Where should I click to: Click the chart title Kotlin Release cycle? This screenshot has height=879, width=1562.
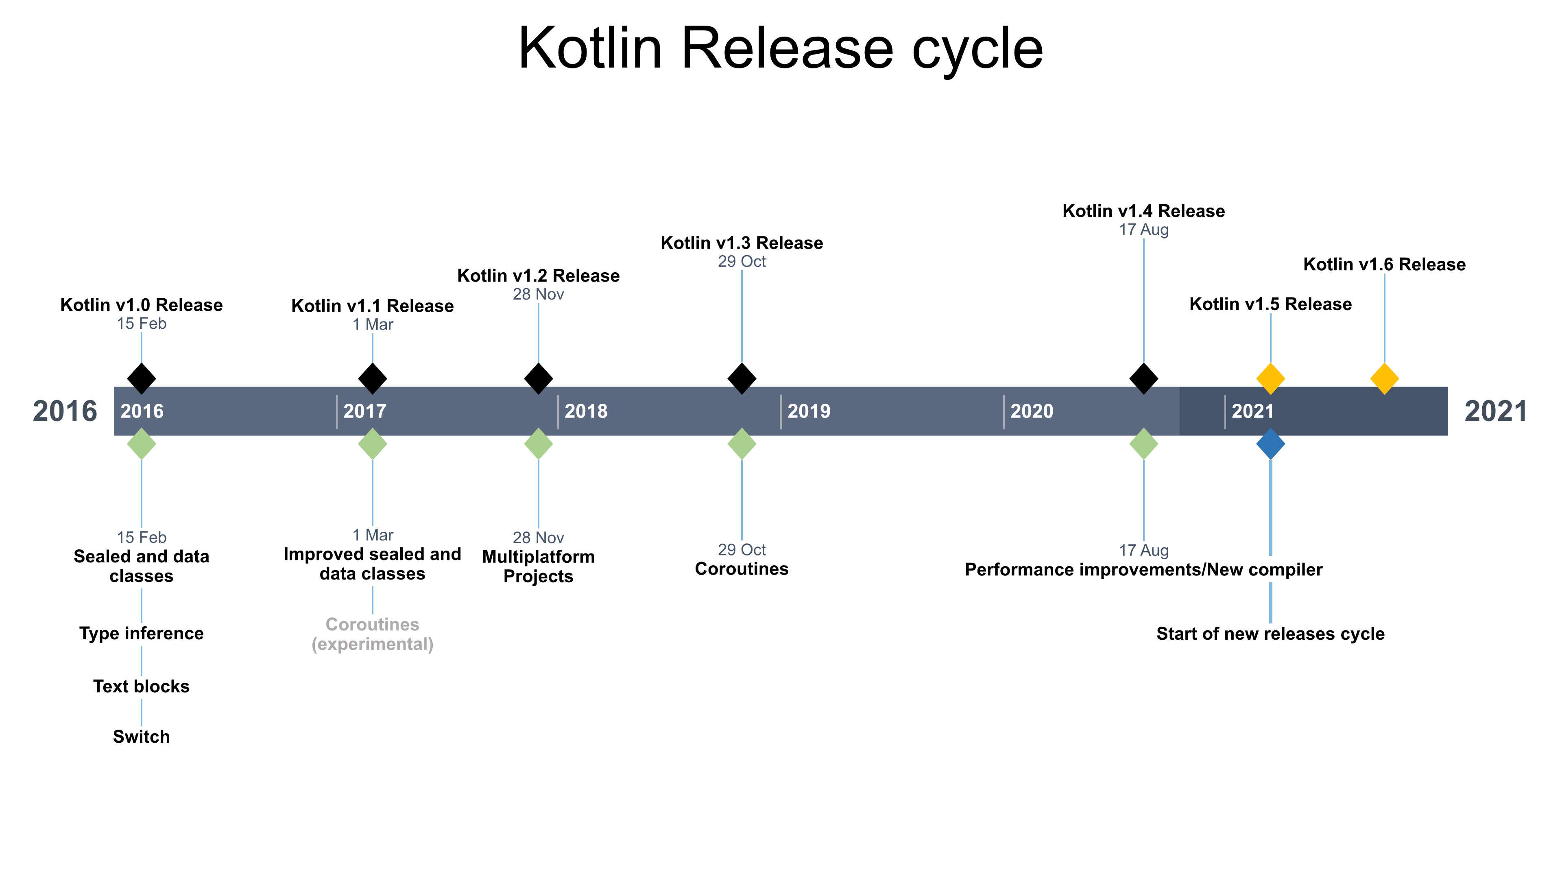(781, 48)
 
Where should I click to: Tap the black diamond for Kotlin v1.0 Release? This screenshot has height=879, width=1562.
(141, 378)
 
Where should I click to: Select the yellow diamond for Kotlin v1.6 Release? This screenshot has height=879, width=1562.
(1384, 378)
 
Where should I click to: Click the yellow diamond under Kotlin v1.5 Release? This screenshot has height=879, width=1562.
(1270, 378)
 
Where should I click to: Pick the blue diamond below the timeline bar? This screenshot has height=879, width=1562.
(1270, 444)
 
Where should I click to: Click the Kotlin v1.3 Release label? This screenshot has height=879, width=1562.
(742, 243)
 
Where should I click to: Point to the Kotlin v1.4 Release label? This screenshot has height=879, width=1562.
(1143, 211)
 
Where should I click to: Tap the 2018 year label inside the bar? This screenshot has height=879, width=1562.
(586, 411)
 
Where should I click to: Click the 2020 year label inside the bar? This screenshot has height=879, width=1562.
(1032, 411)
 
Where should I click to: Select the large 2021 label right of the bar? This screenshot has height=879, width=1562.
(1495, 411)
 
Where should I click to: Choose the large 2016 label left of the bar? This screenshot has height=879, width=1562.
(65, 411)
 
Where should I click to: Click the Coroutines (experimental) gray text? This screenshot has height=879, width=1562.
(372, 634)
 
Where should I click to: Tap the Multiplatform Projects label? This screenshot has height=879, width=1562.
(539, 566)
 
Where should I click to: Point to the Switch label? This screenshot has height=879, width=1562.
(141, 737)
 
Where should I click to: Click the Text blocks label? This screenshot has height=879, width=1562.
(141, 686)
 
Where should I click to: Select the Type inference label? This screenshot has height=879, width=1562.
(141, 633)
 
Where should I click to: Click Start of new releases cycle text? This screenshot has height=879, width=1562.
(1270, 634)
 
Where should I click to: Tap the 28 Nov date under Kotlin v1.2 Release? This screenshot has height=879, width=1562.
(539, 294)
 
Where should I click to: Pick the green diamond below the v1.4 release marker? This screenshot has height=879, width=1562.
(1143, 444)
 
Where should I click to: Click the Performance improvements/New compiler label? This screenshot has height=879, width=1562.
(1143, 570)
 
